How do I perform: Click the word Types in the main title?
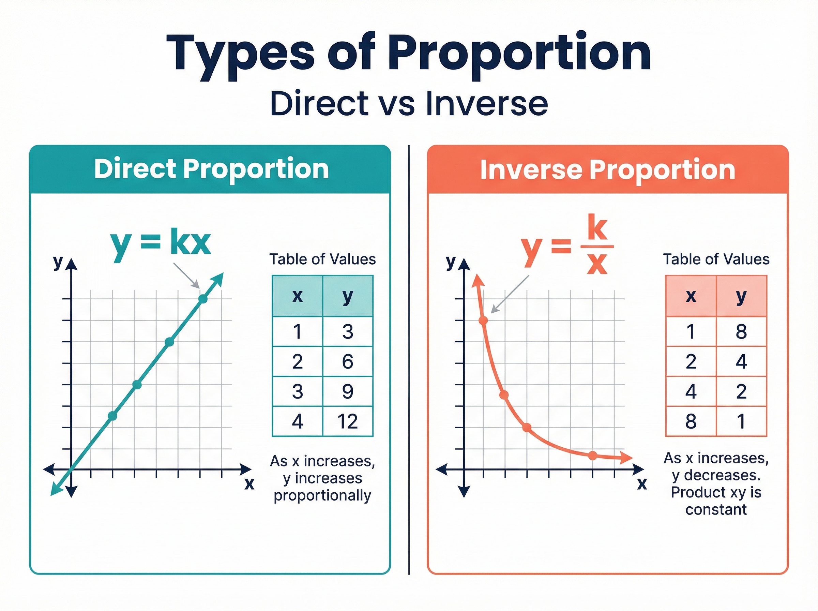pos(240,54)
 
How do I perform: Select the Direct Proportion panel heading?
pos(211,169)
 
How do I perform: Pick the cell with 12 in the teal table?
pos(347,421)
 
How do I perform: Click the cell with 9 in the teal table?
pos(347,391)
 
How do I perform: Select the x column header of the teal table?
pos(298,296)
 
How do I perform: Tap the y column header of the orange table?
pos(741,296)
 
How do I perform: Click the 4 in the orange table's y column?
pos(741,361)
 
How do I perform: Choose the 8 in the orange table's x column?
pos(691,421)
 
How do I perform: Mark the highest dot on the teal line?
pos(203,299)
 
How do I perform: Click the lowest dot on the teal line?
pos(112,416)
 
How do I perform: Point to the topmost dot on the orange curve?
pos(483,320)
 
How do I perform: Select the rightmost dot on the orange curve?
pos(592,455)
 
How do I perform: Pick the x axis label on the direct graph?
pos(249,483)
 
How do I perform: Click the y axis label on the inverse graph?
pos(451,262)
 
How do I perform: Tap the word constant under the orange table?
pos(716,510)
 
